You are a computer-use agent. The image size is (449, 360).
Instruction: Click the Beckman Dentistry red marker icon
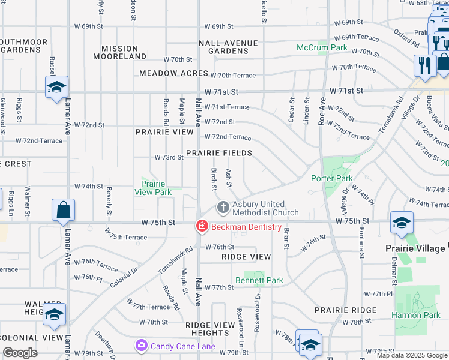(x=202, y=227)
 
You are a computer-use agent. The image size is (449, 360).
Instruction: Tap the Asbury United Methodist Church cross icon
(x=223, y=208)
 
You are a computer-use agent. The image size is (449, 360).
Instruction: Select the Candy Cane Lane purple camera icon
(x=142, y=345)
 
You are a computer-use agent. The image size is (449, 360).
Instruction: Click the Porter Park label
(x=331, y=178)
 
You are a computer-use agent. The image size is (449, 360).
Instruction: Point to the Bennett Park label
(x=259, y=280)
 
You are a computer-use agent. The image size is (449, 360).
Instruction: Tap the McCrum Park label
(x=322, y=47)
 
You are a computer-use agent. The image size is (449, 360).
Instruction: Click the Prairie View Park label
(x=156, y=188)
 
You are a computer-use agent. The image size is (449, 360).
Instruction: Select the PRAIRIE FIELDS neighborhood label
(x=218, y=153)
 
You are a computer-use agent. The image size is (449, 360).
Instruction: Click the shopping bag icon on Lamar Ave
(x=63, y=211)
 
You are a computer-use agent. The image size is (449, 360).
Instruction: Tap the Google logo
(x=20, y=353)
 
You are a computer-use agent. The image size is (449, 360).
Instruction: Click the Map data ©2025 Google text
(x=412, y=355)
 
